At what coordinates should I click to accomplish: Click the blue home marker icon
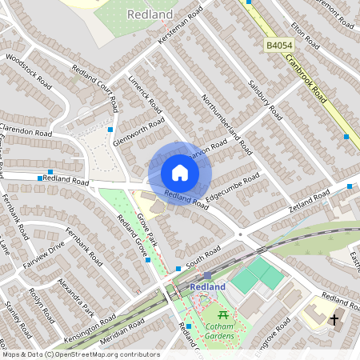click(180, 173)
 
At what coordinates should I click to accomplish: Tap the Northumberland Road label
click(228, 125)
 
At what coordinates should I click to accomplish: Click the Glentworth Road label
click(138, 131)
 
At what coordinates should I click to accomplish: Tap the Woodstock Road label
click(27, 71)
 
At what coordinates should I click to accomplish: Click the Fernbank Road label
click(84, 247)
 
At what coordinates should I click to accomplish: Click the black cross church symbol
click(334, 320)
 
